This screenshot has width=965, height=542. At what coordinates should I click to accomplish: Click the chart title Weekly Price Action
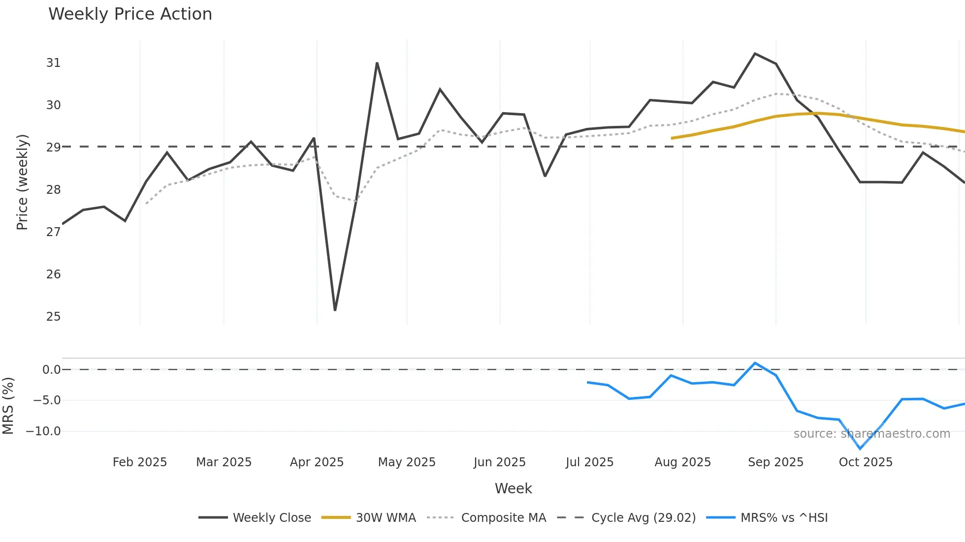(130, 14)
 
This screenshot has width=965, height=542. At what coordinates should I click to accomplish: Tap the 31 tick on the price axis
(53, 63)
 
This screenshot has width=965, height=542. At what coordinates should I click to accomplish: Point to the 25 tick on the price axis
(53, 317)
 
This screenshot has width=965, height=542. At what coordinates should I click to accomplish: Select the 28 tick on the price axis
(53, 190)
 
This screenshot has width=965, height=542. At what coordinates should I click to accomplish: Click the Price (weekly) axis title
(22, 182)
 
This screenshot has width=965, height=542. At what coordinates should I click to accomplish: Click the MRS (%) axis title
(8, 406)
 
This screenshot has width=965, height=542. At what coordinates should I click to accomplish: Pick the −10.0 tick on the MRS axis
(43, 431)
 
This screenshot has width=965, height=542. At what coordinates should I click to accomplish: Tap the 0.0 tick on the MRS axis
(51, 370)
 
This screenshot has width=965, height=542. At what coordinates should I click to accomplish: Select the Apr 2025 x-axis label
(317, 462)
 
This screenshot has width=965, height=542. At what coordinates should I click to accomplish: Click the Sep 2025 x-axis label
(775, 462)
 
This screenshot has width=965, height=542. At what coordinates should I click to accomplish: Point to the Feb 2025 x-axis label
(140, 462)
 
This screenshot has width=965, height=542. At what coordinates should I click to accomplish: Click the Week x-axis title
(513, 488)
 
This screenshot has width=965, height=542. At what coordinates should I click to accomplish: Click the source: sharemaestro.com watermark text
(871, 434)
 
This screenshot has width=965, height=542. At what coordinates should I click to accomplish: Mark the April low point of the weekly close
(335, 310)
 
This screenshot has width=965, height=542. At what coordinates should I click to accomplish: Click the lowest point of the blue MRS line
(860, 449)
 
